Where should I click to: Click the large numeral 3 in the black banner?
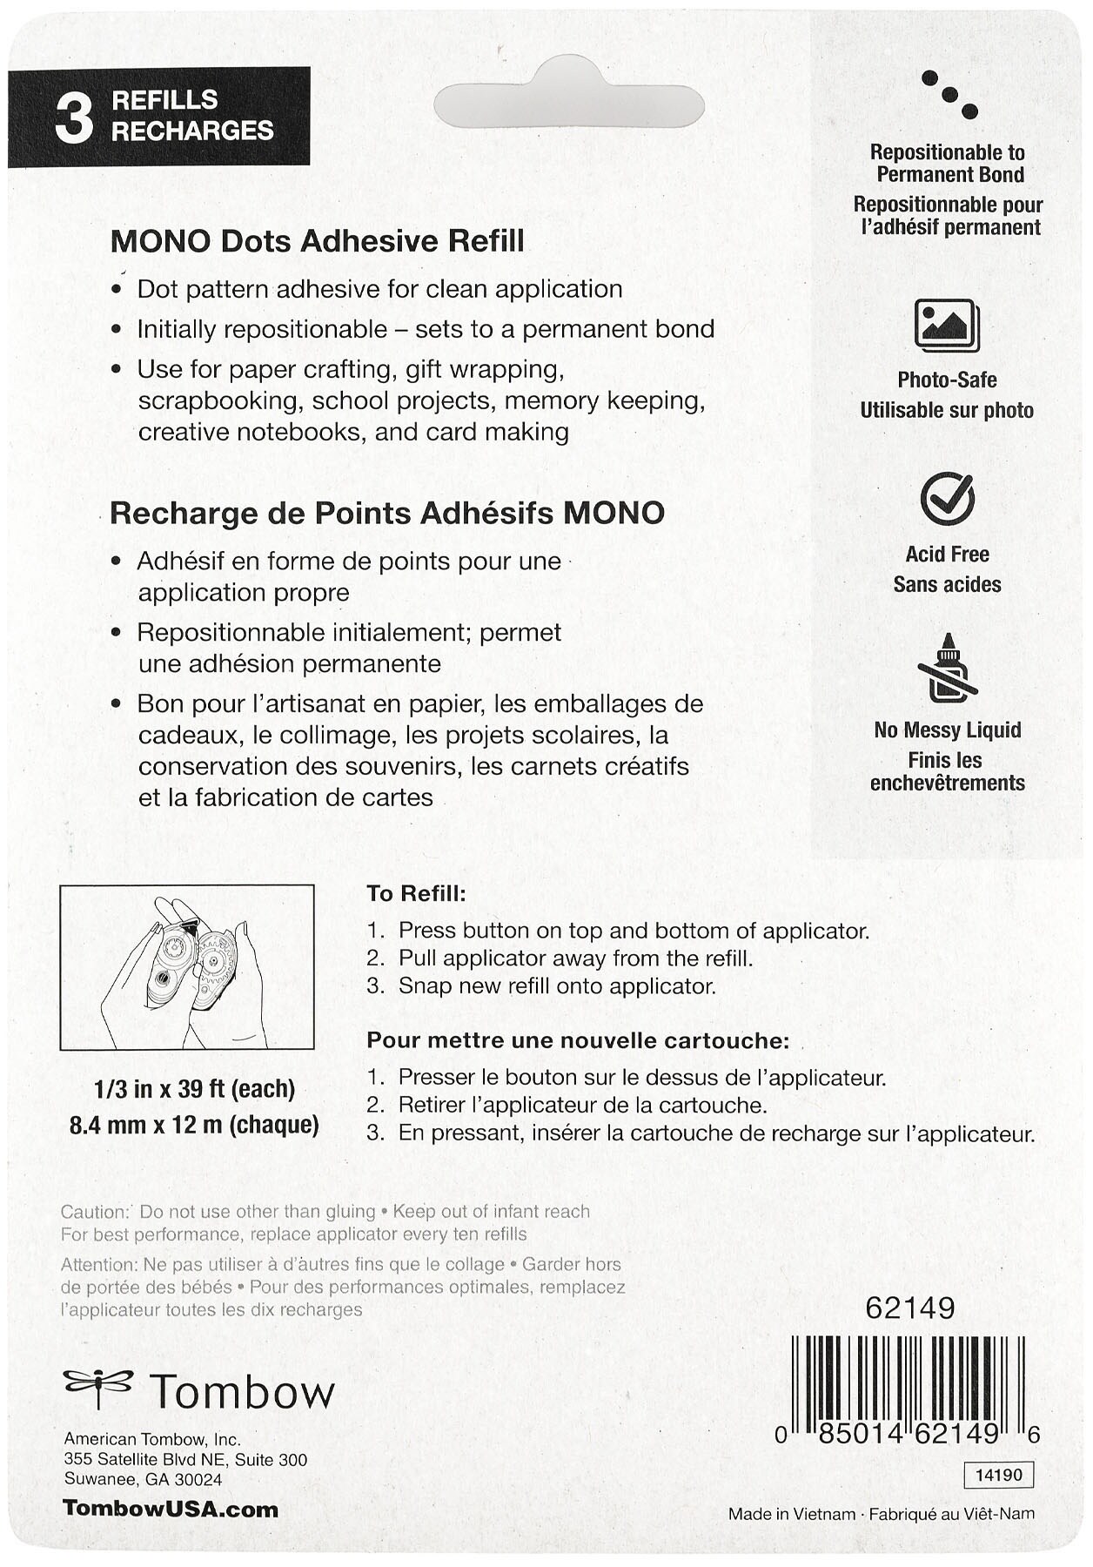click(74, 118)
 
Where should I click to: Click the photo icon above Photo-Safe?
click(946, 325)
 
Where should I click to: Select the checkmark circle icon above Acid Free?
click(947, 499)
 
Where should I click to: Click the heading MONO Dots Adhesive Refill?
click(317, 241)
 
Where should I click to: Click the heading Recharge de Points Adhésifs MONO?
click(386, 513)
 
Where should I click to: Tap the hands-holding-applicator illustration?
click(186, 967)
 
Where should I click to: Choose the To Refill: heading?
click(416, 893)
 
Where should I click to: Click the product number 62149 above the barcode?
click(909, 1308)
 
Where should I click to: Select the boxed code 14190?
click(998, 1475)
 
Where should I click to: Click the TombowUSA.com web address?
click(171, 1510)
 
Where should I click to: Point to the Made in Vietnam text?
click(791, 1514)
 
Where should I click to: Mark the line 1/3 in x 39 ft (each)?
click(194, 1089)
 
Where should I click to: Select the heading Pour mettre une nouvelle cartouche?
click(578, 1040)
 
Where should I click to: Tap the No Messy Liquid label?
click(947, 730)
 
